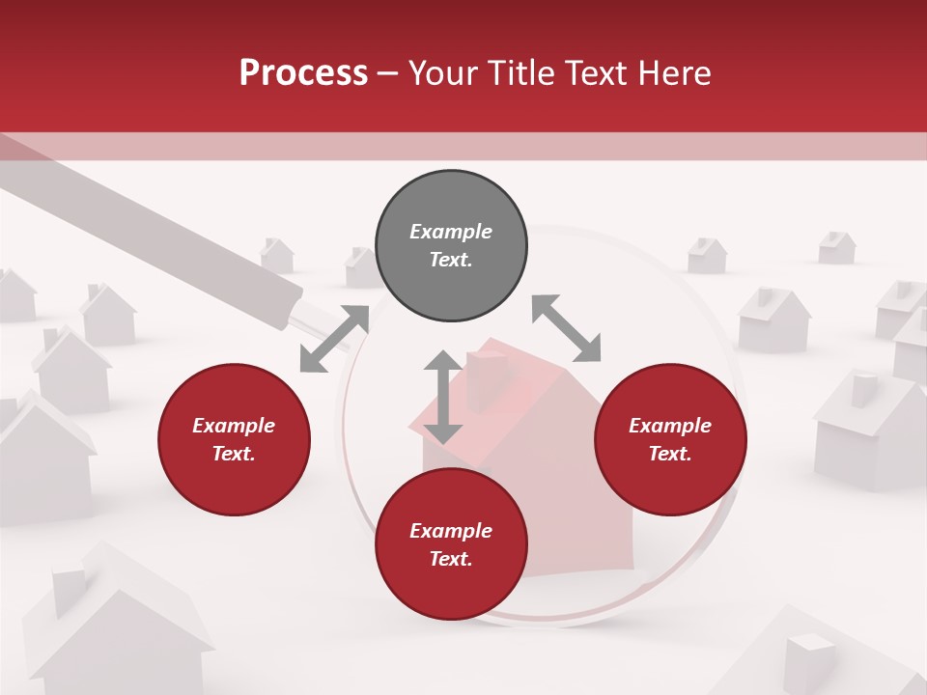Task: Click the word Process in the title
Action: (x=303, y=73)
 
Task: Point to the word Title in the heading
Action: (x=525, y=73)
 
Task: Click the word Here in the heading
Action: (x=675, y=73)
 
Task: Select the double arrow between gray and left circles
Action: (x=334, y=339)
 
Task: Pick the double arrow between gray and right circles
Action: (x=566, y=328)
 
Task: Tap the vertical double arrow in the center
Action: (x=443, y=398)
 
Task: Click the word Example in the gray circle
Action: (x=451, y=232)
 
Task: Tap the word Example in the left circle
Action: (x=234, y=426)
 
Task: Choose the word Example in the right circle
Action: (x=670, y=426)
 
